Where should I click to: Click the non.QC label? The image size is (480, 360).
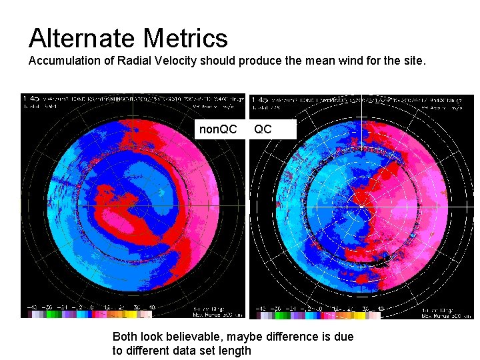pyautogui.click(x=218, y=129)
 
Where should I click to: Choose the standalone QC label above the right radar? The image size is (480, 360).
pyautogui.click(x=263, y=129)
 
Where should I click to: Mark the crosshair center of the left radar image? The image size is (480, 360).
pyautogui.click(x=133, y=205)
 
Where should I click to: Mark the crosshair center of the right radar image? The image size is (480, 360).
pyautogui.click(x=361, y=205)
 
